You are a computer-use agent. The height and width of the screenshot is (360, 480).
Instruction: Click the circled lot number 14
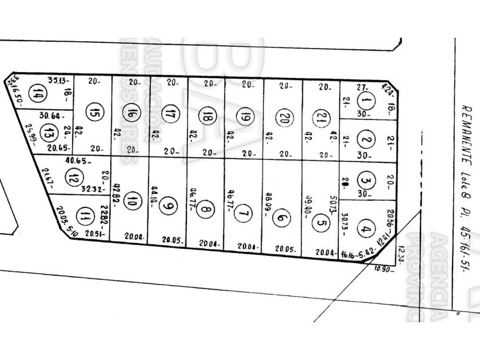pos(39,93)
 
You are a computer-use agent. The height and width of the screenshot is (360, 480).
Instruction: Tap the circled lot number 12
pos(72,177)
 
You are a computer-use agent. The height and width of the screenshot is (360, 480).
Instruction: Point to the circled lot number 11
pos(85,215)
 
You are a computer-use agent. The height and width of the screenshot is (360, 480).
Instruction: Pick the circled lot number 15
pos(94,112)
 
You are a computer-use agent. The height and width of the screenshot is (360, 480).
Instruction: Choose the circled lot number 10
pos(132,201)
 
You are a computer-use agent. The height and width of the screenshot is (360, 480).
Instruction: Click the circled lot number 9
pos(167,206)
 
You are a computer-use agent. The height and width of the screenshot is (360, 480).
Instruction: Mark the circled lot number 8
pos(205,211)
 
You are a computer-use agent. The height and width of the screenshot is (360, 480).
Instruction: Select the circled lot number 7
pos(244,214)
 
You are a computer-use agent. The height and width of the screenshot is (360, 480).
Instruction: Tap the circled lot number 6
pos(281,217)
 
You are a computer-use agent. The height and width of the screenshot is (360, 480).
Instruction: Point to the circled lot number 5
pos(320,223)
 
